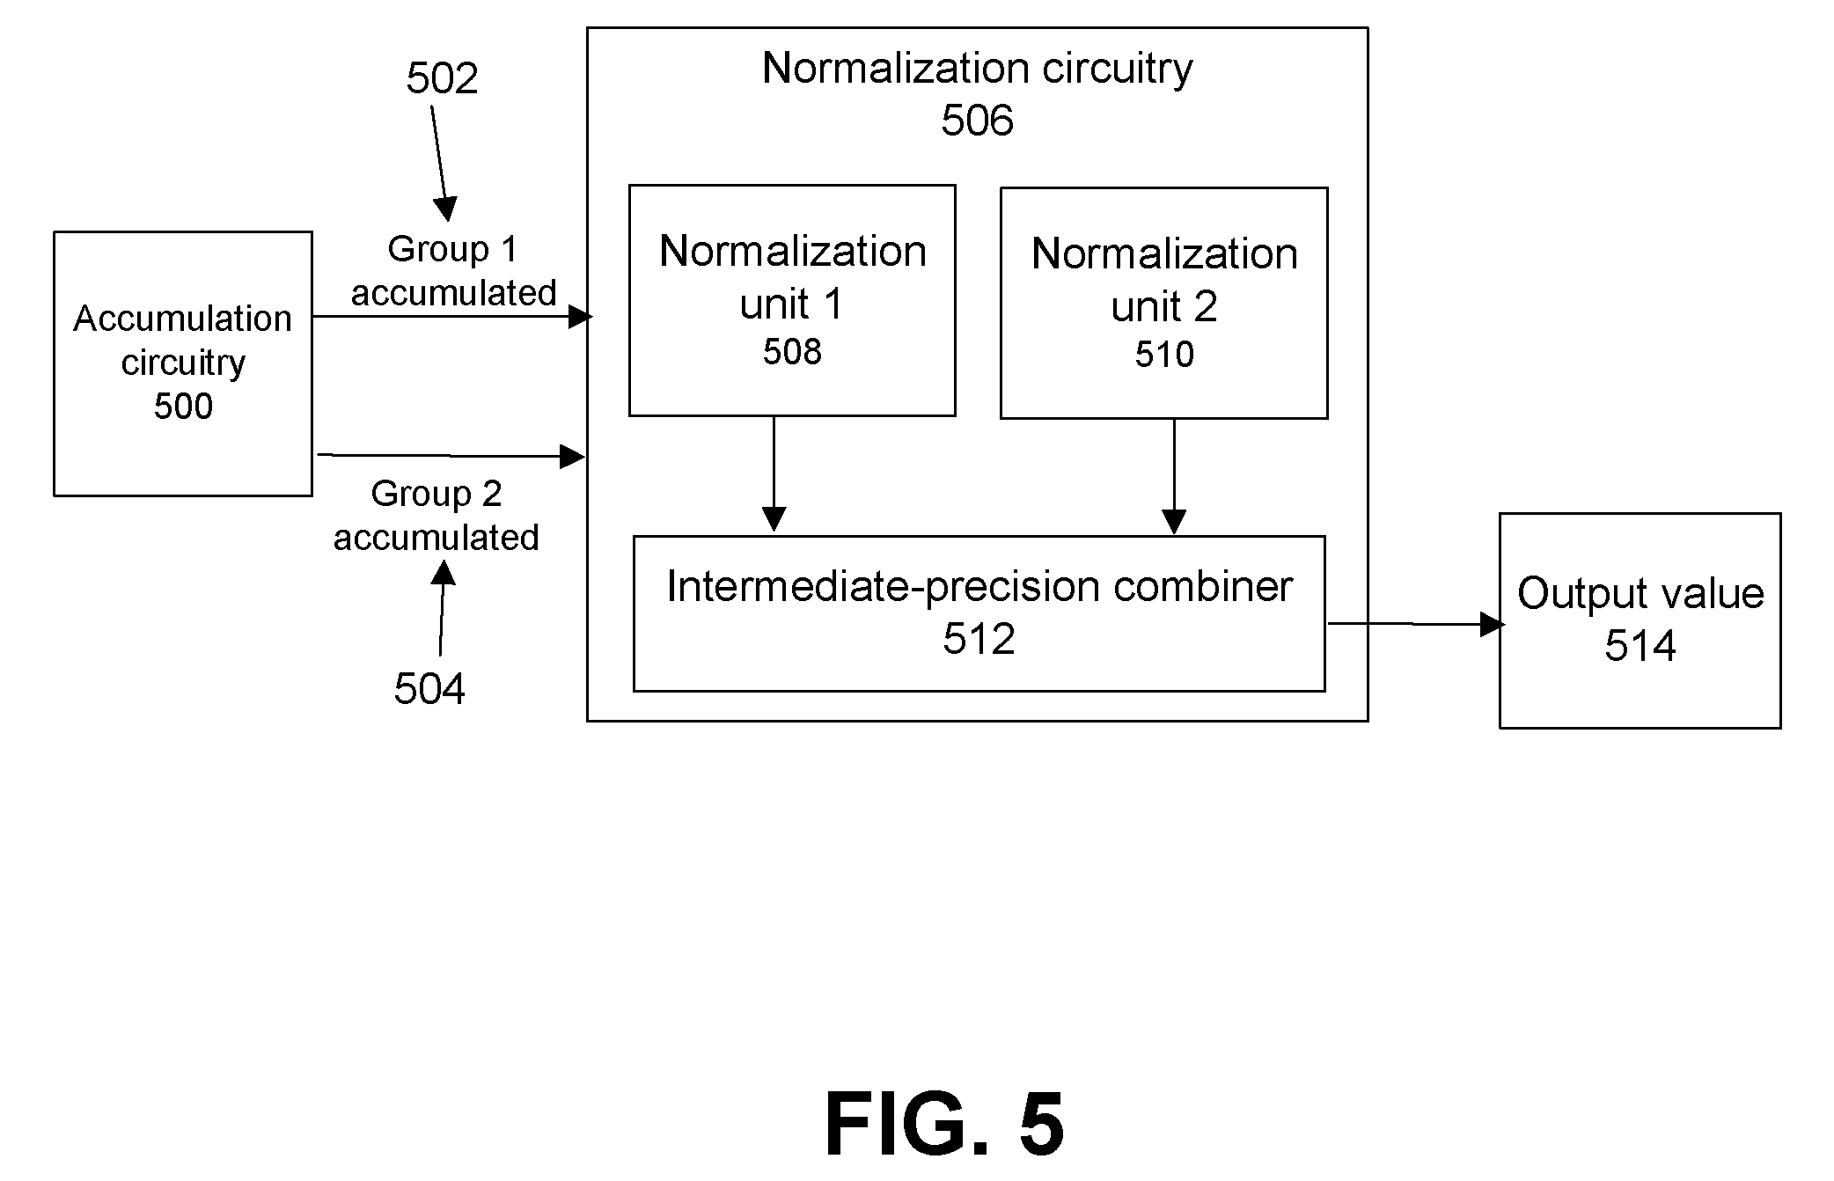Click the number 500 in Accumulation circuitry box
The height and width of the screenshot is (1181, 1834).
click(183, 406)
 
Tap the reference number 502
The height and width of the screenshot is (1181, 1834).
click(442, 78)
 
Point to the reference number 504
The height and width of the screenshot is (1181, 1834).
click(429, 688)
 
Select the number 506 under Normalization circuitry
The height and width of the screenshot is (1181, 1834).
click(977, 120)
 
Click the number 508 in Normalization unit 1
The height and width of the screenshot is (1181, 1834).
click(792, 352)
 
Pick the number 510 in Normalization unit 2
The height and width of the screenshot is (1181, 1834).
click(1164, 355)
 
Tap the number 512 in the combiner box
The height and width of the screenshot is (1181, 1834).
click(979, 639)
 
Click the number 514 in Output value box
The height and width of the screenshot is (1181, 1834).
click(1640, 646)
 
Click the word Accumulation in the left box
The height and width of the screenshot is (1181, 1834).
click(182, 319)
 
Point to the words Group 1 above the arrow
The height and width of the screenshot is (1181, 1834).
click(452, 250)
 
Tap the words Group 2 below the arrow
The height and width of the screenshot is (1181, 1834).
click(436, 494)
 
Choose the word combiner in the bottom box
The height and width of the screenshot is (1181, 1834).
click(1203, 586)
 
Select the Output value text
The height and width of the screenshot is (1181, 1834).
click(1640, 593)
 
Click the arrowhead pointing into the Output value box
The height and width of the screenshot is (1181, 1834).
click(1493, 624)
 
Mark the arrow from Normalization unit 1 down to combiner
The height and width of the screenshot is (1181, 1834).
click(774, 474)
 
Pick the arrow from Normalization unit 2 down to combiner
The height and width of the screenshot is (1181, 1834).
click(1174, 477)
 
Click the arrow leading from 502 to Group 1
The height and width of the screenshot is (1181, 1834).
click(440, 164)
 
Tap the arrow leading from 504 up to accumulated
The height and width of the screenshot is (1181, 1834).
click(442, 608)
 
